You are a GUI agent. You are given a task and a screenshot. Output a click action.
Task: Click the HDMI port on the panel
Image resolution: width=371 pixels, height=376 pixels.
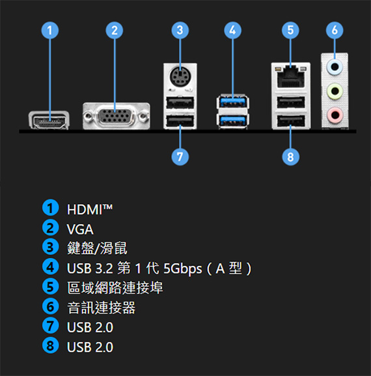point(49,121)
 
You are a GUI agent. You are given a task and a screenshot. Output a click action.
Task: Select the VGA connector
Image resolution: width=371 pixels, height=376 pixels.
point(117,117)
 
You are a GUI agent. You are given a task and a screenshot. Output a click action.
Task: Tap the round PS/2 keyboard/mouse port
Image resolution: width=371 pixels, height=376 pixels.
point(180,77)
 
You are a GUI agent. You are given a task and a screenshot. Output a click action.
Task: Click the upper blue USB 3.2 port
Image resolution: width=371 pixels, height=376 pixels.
point(232,102)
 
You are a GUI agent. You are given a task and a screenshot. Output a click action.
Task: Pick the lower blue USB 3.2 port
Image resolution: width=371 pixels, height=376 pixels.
point(232,121)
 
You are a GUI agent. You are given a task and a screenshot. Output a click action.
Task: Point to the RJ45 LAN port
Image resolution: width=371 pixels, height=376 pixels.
point(290,76)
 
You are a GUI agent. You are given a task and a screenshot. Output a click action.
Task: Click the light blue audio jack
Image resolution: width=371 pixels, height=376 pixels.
point(335,66)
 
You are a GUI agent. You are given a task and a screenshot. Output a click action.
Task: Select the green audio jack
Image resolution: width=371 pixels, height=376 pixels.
point(335,91)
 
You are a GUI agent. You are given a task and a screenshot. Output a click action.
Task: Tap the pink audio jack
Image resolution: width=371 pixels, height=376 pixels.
point(335,115)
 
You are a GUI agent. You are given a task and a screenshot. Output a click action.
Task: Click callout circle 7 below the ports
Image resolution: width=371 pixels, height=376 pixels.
point(180,157)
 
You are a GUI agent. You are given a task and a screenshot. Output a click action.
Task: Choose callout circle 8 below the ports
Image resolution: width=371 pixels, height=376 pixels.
point(290,157)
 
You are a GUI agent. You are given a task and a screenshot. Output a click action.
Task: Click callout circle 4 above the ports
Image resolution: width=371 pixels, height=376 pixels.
point(232,30)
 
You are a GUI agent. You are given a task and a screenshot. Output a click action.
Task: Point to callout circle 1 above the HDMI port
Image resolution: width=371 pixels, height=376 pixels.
point(50,30)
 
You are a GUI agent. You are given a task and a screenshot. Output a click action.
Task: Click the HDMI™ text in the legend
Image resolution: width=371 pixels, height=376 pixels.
point(90,210)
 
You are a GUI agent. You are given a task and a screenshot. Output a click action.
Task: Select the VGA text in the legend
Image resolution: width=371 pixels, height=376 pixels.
point(80,229)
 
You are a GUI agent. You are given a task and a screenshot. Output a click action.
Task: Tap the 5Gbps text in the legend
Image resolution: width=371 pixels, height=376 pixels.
point(182,269)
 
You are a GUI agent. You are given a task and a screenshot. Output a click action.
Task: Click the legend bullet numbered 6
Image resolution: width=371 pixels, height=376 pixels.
point(50,306)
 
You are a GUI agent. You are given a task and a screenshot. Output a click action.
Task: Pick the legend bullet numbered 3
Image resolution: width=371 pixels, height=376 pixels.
point(50,247)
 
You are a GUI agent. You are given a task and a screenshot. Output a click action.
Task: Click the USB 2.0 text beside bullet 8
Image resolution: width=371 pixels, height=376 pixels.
point(90,347)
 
